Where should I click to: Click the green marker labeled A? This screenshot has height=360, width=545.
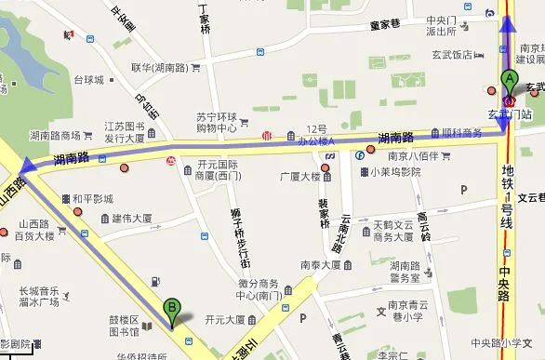click(509, 80)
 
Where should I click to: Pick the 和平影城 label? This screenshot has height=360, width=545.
click(92, 198)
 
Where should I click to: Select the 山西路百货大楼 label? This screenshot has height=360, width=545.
click(34, 231)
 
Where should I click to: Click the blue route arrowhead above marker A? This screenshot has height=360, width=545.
click(508, 23)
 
